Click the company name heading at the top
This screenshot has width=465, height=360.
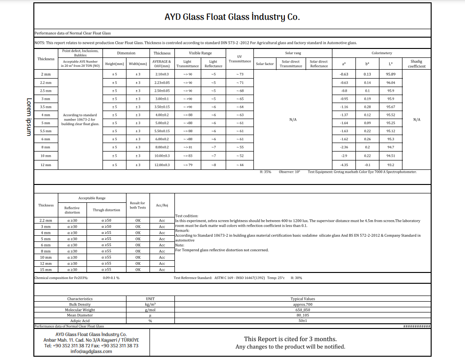click(232, 17)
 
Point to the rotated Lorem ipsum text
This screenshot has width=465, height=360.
click(29, 117)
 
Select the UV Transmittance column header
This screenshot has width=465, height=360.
click(240, 58)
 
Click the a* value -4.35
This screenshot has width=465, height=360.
click(344, 165)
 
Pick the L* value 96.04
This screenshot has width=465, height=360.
click(390, 82)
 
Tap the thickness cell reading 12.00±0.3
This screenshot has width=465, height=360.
click(162, 165)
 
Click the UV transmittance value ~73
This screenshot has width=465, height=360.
click(240, 74)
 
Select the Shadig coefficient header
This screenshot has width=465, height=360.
click(417, 64)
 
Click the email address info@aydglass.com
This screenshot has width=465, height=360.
click(91, 351)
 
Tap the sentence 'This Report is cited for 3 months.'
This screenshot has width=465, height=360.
click(290, 339)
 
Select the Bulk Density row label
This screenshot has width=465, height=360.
click(80, 304)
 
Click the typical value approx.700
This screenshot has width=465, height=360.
click(303, 304)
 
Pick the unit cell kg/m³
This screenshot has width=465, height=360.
click(150, 304)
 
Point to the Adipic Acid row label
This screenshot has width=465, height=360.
click(80, 321)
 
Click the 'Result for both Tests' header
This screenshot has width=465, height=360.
click(138, 205)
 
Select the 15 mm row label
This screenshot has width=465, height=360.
click(46, 270)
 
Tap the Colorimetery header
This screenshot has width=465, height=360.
click(381, 53)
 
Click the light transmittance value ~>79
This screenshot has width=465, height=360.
click(187, 165)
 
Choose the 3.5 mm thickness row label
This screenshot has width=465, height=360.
click(46, 107)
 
